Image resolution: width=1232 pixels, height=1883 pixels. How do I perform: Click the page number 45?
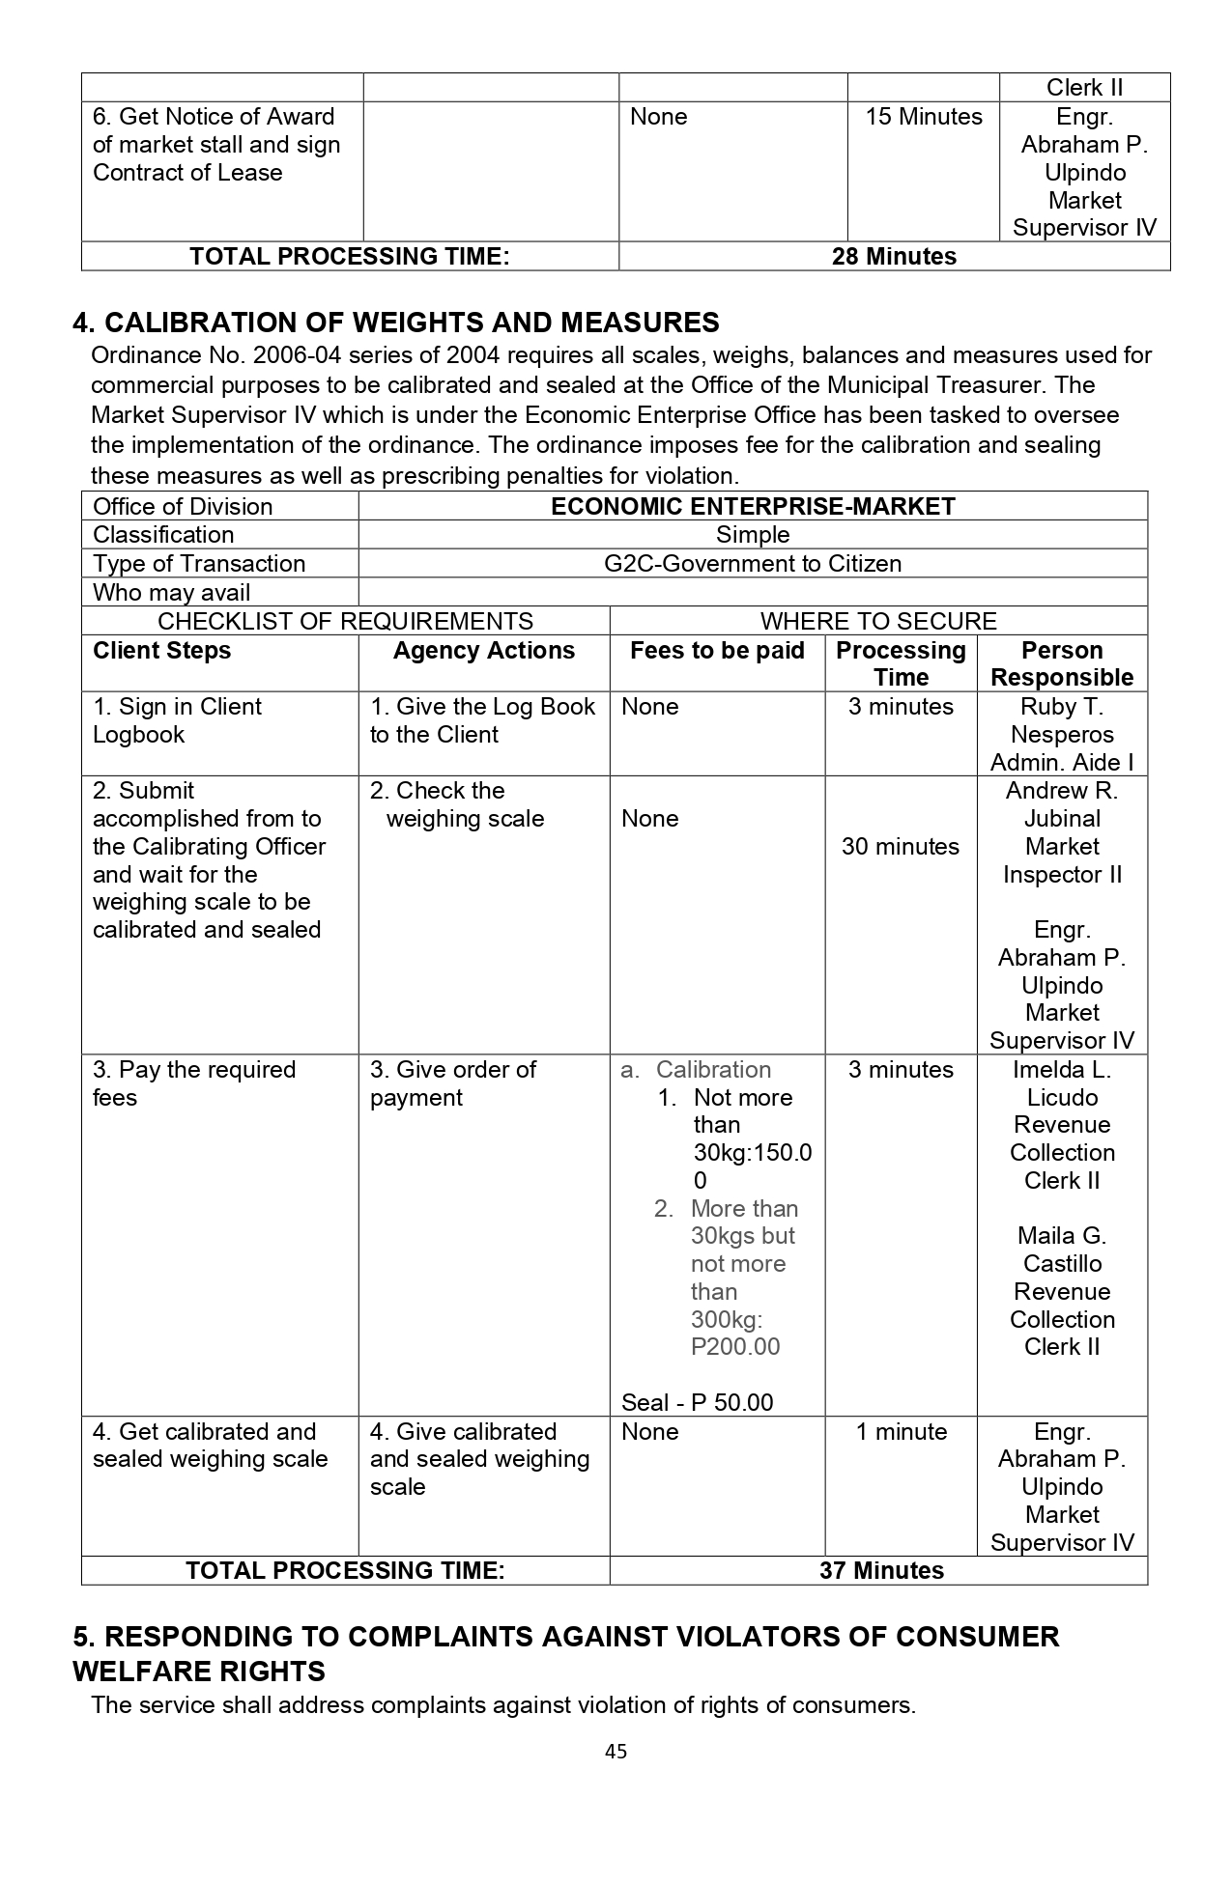coord(616,1751)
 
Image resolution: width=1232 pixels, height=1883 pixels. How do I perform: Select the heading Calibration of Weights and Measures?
coord(396,323)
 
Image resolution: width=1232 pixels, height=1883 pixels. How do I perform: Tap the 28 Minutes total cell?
coord(894,257)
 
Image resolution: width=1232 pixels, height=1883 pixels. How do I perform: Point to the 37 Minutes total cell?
coord(881,1571)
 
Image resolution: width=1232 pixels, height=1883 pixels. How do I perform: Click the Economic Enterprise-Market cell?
coord(753,507)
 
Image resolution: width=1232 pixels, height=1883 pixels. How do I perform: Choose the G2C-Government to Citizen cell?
coord(753,564)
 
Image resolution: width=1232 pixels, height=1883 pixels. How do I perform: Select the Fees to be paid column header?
coord(717,651)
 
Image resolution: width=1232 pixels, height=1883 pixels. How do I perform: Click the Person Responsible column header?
coord(1062,663)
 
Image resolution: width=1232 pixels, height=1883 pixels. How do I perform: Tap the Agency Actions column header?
coord(483,651)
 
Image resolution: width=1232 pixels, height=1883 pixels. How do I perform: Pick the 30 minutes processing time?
coord(901,847)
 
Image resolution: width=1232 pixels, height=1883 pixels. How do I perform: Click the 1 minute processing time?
coord(901,1432)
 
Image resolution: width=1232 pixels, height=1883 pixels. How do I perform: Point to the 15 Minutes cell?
coord(924,117)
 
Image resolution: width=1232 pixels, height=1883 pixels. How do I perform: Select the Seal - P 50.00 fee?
coord(697,1402)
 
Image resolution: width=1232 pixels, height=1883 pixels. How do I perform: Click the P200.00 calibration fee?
coord(735,1347)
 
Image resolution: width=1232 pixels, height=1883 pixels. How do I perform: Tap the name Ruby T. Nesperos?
coord(1062,720)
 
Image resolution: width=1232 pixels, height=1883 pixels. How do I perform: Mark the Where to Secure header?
coord(878,621)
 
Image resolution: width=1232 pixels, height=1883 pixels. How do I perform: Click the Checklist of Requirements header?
coord(345,621)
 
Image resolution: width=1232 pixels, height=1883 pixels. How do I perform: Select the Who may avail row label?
coord(171,593)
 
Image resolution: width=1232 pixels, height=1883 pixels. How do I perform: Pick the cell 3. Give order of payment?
coord(452,1083)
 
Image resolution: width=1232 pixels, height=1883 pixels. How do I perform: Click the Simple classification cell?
coord(753,535)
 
